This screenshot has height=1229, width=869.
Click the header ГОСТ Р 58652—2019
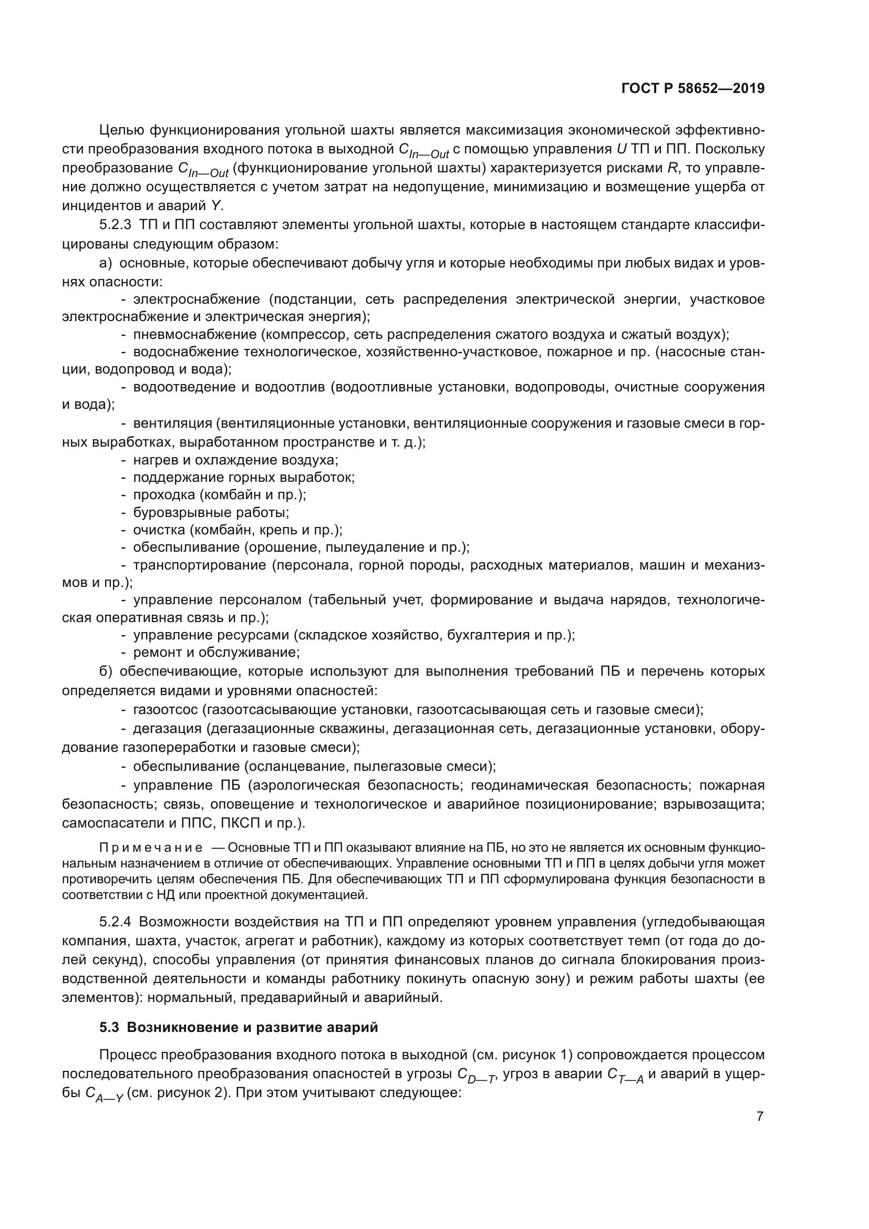point(692,88)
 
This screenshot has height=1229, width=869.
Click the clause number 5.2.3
point(115,225)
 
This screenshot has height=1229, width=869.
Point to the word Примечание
point(151,848)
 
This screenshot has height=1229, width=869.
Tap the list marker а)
point(106,263)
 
